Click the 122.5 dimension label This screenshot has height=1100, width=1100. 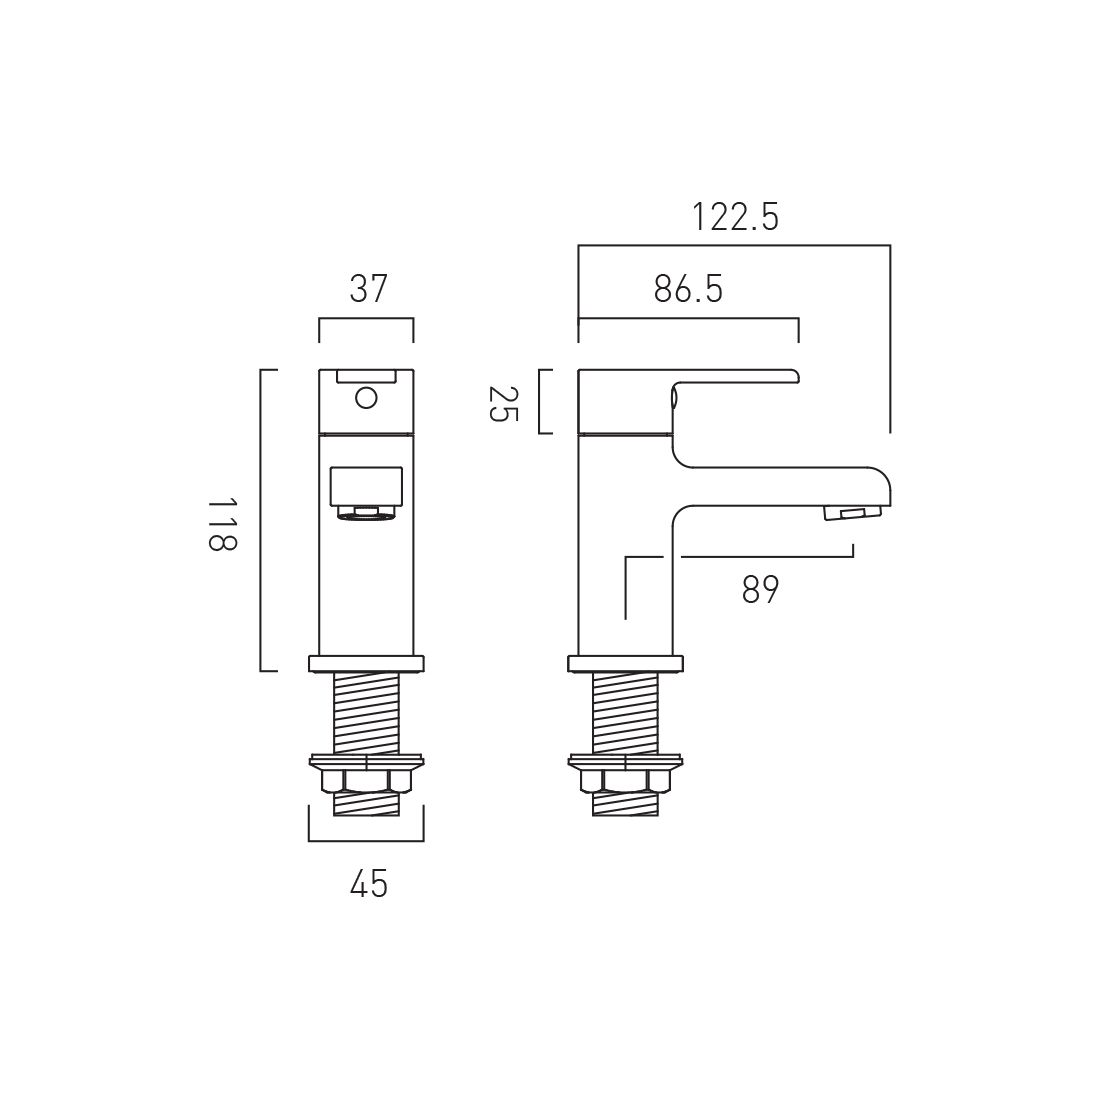[735, 217]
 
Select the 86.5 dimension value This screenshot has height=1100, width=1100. [688, 289]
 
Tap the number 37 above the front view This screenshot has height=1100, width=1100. [368, 289]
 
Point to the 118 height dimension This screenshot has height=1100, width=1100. [223, 525]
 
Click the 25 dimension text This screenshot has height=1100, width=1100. [502, 403]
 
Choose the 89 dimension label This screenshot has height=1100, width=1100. [760, 590]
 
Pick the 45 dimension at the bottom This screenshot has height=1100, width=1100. [368, 884]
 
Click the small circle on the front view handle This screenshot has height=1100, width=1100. [366, 398]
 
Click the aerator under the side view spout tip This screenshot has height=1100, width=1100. [849, 514]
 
